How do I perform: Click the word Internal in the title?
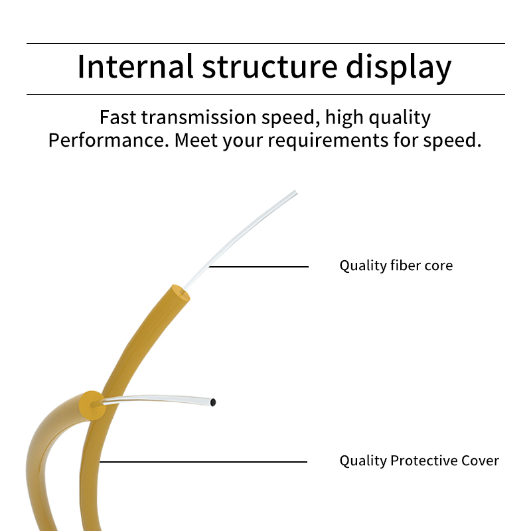tap(135, 66)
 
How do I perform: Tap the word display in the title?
tap(399, 68)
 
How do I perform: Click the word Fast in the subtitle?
tap(118, 117)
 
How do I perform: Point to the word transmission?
tap(198, 117)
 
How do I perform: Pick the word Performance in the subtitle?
tap(108, 140)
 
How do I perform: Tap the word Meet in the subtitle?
tap(196, 140)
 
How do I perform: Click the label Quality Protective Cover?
tap(419, 461)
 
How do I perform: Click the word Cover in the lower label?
tap(480, 461)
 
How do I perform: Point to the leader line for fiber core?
tap(259, 267)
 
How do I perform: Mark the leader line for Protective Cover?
tap(203, 461)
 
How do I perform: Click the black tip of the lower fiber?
tap(212, 402)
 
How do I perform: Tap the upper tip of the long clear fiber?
tap(295, 192)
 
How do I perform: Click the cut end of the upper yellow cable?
tap(180, 293)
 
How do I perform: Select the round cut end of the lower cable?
tap(92, 406)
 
